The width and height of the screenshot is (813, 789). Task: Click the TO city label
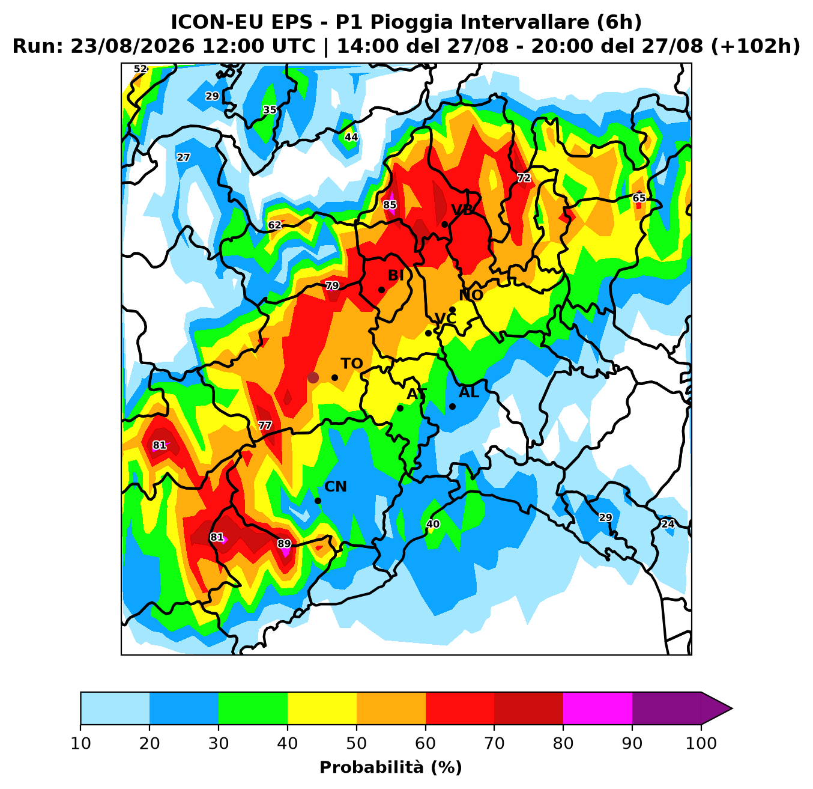coord(351,364)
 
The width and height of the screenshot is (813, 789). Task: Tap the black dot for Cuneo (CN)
coord(318,501)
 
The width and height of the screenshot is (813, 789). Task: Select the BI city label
coord(396,276)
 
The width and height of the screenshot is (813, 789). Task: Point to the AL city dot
coord(452,406)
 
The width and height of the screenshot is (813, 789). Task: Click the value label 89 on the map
coord(284,544)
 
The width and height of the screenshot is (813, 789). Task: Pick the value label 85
coord(390,205)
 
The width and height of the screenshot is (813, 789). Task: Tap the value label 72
coord(524,178)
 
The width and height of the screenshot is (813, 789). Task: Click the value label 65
coord(639,198)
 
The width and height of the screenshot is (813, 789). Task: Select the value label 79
coord(332,286)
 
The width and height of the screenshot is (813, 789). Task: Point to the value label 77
coord(265,425)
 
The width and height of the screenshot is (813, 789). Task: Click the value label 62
coord(274,225)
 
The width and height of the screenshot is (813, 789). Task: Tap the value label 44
coord(351,137)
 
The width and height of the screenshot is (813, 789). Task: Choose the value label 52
coord(141,69)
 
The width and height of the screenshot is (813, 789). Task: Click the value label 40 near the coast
coord(433,525)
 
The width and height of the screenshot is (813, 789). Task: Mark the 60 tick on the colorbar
coord(426,743)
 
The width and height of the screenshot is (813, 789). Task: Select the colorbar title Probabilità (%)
coord(391,768)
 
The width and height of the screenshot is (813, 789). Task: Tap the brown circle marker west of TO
coord(313,377)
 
